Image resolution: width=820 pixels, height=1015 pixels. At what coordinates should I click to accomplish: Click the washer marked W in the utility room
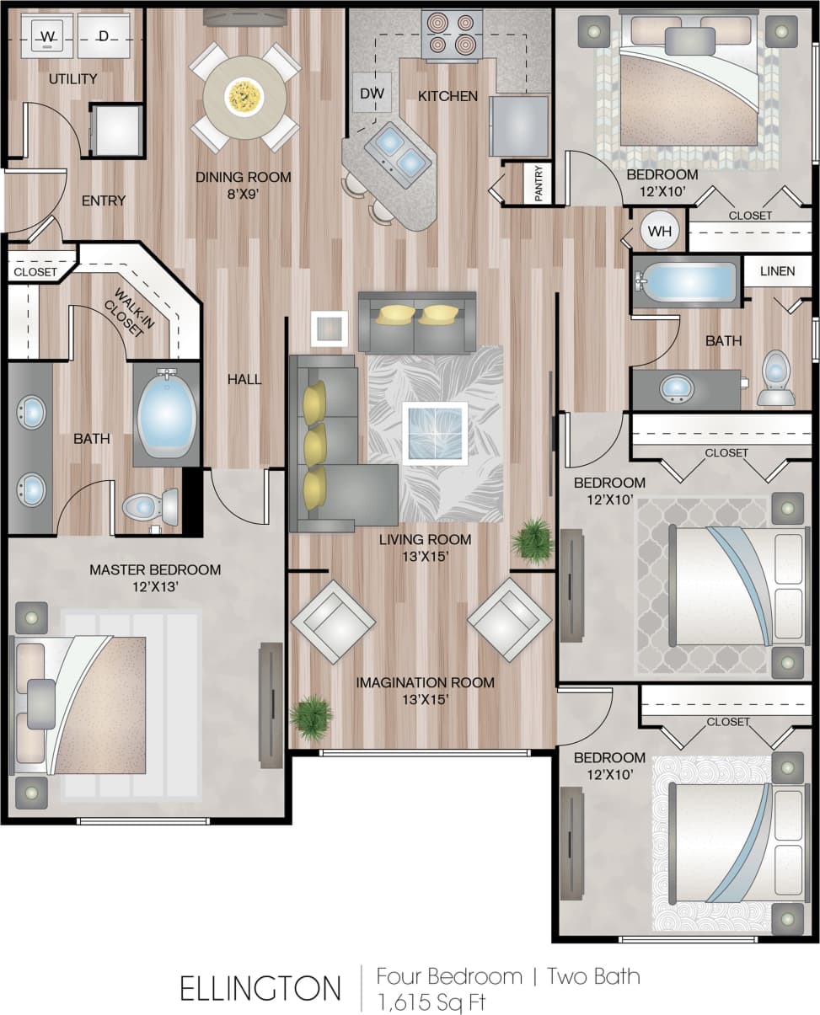[x=47, y=35]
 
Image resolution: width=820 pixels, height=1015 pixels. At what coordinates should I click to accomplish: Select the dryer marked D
[x=104, y=35]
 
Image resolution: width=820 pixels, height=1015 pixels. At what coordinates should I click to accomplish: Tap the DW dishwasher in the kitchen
[x=372, y=93]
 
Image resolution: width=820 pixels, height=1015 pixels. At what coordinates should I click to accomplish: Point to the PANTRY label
[x=538, y=182]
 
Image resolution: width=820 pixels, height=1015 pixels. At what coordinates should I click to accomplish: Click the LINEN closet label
[x=777, y=271]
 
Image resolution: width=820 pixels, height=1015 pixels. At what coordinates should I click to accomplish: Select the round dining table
[x=244, y=97]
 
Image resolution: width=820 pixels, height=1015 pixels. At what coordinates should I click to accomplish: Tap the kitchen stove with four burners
[x=452, y=35]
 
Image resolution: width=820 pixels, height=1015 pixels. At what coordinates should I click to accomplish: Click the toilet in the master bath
[x=152, y=507]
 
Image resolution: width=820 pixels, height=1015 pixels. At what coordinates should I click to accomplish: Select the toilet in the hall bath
[x=775, y=379]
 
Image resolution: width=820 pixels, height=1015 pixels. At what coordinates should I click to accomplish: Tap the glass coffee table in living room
[x=435, y=433]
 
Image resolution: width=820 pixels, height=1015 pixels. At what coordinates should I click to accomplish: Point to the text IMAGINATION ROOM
[x=425, y=682]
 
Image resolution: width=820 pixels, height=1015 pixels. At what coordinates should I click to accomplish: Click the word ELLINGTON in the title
[x=260, y=988]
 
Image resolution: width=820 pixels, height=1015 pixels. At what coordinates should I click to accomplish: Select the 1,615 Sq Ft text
[x=431, y=1002]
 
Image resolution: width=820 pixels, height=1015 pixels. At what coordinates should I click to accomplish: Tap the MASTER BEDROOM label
[x=155, y=570]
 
